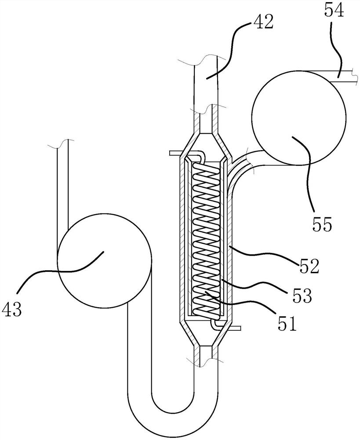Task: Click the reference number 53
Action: [x=302, y=296]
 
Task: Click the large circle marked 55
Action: [x=299, y=117]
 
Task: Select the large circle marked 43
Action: [x=104, y=260]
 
